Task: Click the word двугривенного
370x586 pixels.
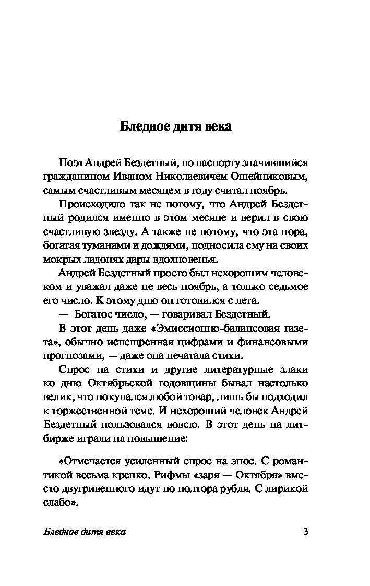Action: point(94,489)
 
